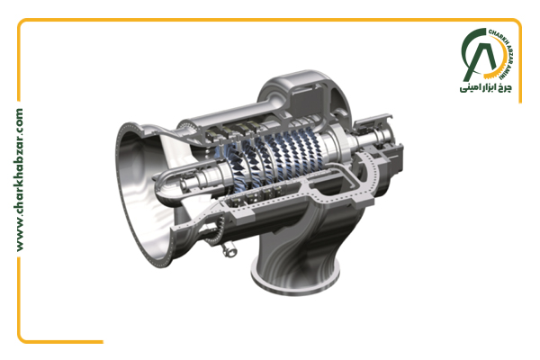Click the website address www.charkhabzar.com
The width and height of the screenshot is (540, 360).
[x=20, y=180]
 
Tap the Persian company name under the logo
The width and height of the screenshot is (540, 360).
[x=486, y=87]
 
